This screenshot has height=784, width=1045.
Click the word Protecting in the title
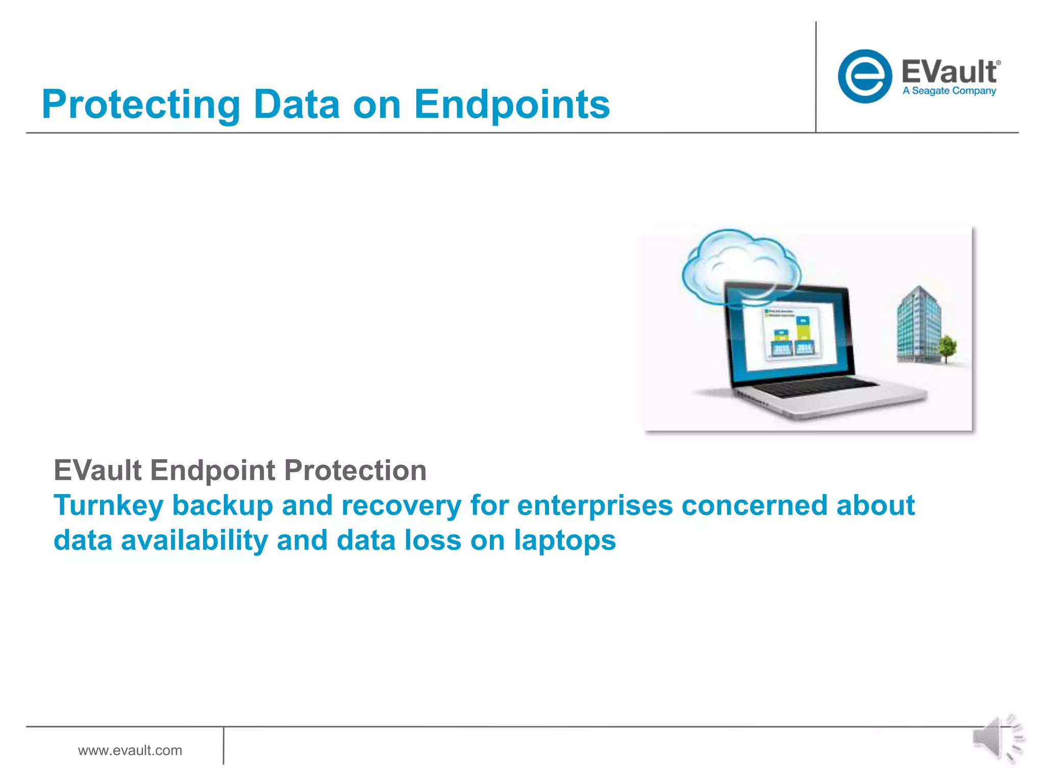[x=141, y=105]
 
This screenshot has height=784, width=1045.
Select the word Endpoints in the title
[x=512, y=105]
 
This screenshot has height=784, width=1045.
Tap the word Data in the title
[x=296, y=105]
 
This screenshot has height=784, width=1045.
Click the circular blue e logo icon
[x=864, y=77]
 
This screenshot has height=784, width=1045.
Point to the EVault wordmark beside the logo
[x=950, y=71]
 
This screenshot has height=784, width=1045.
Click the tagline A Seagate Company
[x=949, y=91]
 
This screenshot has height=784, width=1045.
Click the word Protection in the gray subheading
[x=355, y=470]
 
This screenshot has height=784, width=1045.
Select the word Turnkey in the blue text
[x=108, y=505]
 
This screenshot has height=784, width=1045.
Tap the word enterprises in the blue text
[x=595, y=505]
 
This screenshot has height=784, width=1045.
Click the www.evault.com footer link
[x=130, y=750]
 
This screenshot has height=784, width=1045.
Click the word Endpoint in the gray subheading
[x=212, y=470]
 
